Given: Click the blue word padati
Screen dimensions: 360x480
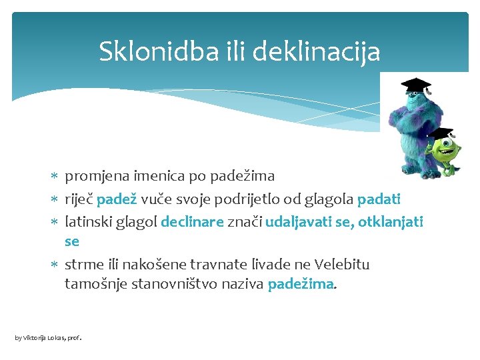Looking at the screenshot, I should click(379, 199).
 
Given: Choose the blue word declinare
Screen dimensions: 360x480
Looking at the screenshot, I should click(192, 221).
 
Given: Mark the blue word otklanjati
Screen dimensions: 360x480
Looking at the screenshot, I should click(390, 221).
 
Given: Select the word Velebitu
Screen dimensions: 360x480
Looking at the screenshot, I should click(341, 265).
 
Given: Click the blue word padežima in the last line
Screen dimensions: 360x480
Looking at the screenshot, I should click(300, 284).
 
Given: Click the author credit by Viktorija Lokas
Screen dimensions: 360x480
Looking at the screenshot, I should click(47, 338).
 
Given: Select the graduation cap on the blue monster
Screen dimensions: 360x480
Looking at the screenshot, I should click(415, 85).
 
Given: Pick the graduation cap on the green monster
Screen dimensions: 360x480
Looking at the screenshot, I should click(441, 133).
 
